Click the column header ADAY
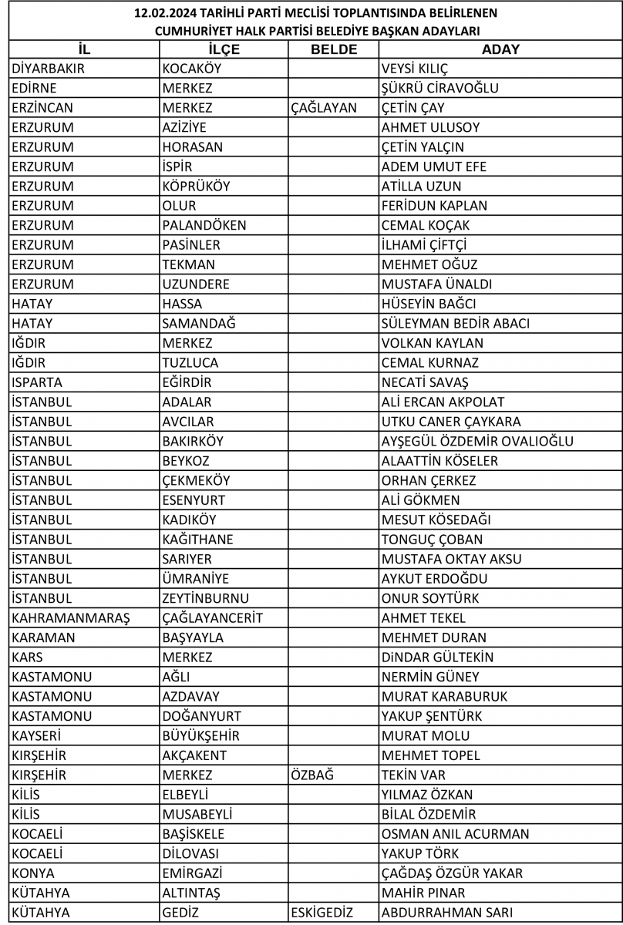(500, 49)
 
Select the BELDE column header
(333, 49)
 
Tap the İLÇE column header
(224, 49)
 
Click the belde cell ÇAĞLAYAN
(324, 108)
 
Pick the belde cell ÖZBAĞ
(312, 775)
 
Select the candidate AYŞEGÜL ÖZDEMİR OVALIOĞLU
(477, 442)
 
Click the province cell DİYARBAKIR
(48, 69)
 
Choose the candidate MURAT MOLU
(426, 736)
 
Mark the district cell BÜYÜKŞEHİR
(201, 736)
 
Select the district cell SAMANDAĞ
(199, 324)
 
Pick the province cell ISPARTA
(38, 382)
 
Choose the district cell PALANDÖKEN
(204, 226)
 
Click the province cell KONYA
(33, 873)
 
